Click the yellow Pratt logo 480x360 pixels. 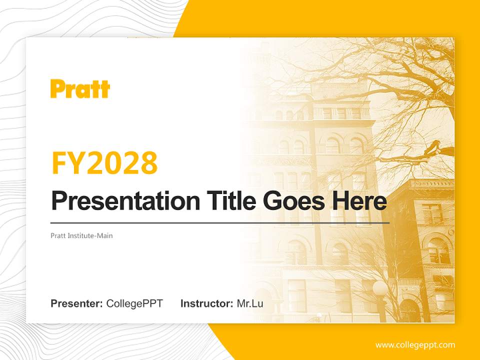pyautogui.click(x=80, y=89)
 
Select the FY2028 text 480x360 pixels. pyautogui.click(x=104, y=163)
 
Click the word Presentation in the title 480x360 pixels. pyautogui.click(x=118, y=201)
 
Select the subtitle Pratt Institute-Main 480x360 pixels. pyautogui.click(x=81, y=235)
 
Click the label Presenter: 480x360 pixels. pyautogui.click(x=77, y=303)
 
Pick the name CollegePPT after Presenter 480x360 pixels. pyautogui.click(x=134, y=303)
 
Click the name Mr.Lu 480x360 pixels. pyautogui.click(x=250, y=303)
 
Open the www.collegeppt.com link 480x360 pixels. pyautogui.click(x=415, y=345)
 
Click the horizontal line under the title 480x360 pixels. pyautogui.click(x=220, y=222)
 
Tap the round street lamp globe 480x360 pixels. pyautogui.click(x=380, y=288)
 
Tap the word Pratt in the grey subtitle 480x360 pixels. pyautogui.click(x=58, y=235)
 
